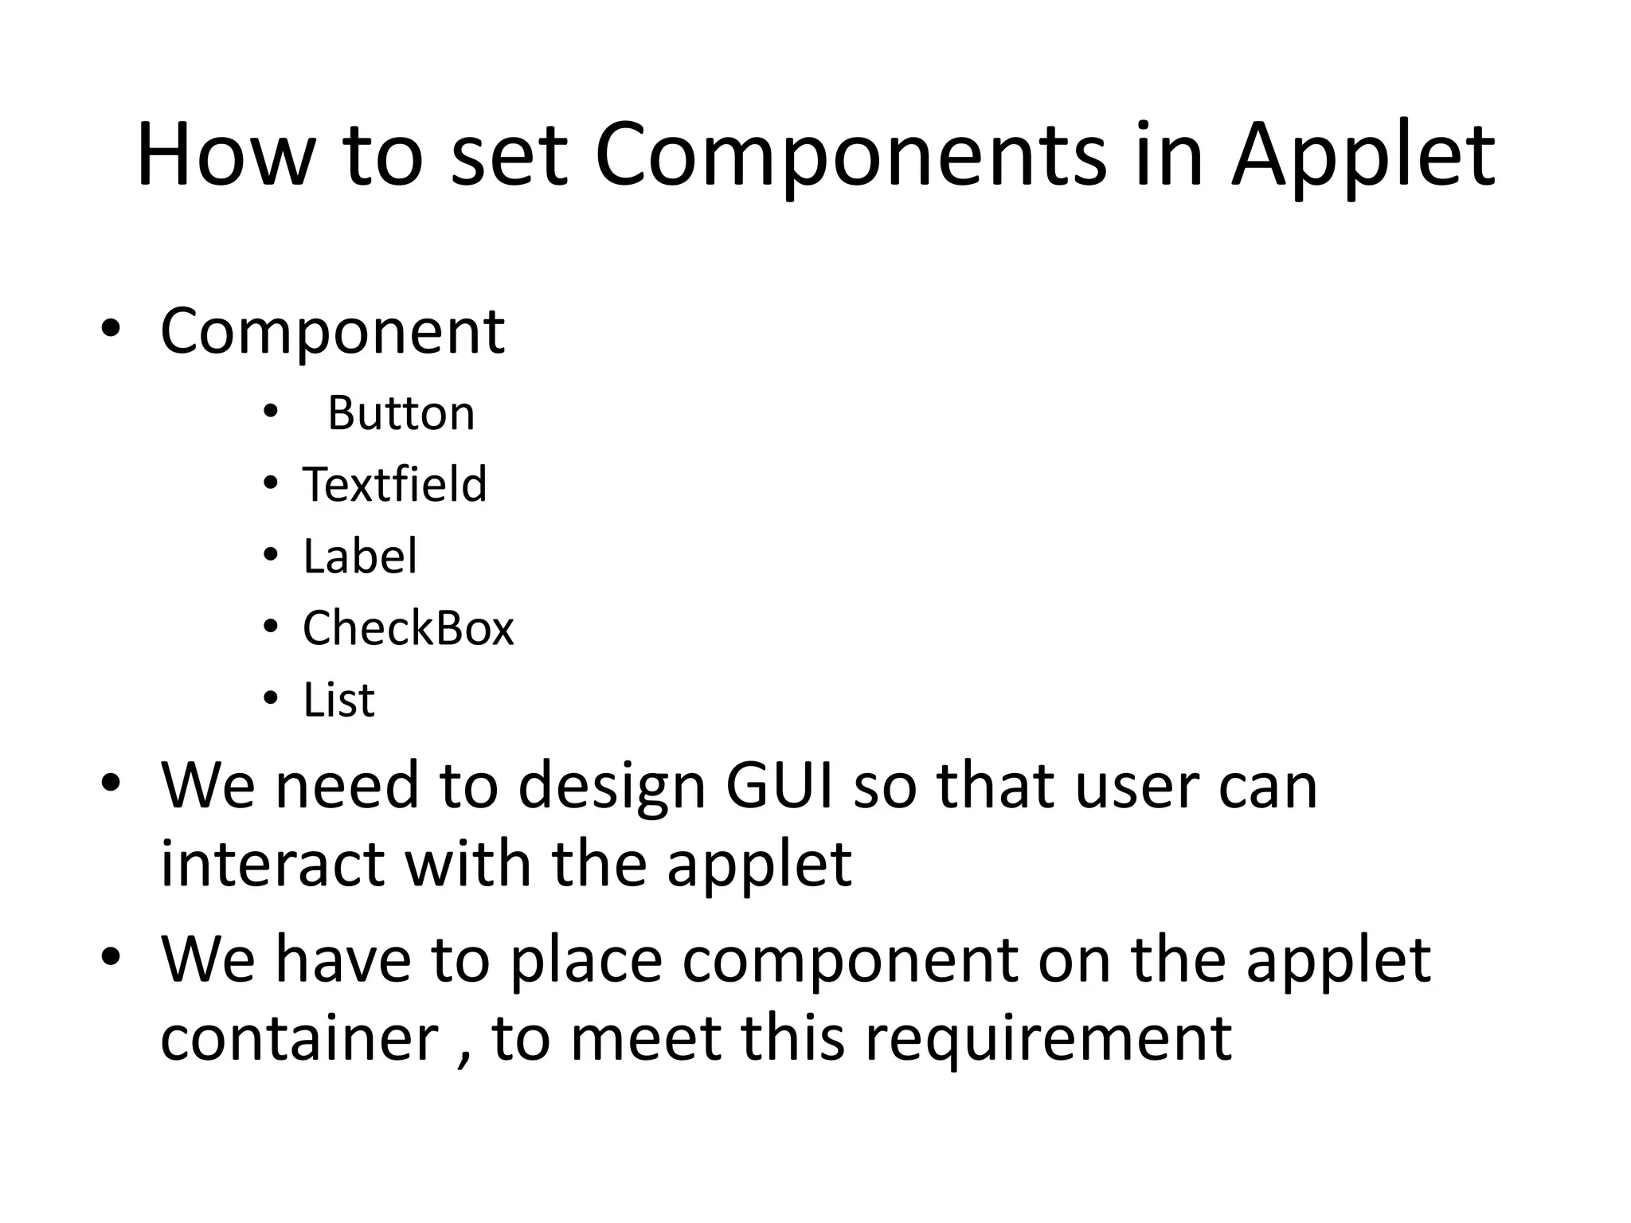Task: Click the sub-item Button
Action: click(401, 413)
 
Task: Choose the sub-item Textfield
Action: click(394, 484)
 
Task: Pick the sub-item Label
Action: click(359, 556)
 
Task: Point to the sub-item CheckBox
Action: click(408, 627)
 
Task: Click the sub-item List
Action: click(338, 700)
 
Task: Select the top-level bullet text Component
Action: click(332, 330)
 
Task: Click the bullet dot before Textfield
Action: click(271, 483)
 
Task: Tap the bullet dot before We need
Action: click(110, 783)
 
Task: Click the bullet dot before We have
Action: click(110, 955)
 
